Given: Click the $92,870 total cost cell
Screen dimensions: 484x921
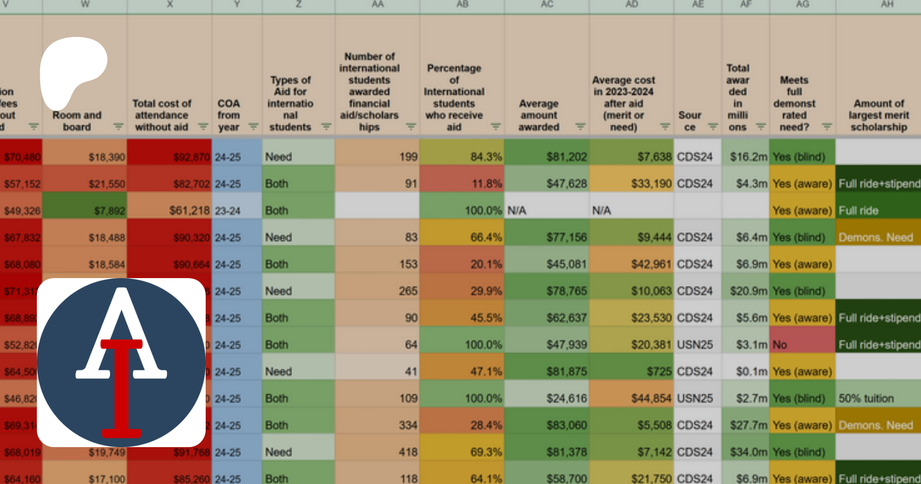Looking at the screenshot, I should [170, 157].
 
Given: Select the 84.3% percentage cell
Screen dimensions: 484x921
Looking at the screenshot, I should [462, 157].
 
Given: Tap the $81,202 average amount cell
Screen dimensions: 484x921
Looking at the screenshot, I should [546, 157].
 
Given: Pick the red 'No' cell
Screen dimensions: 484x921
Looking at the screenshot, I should [802, 345].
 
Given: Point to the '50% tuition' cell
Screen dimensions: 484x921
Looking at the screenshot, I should [878, 398].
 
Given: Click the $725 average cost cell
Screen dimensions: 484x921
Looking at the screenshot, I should [631, 371].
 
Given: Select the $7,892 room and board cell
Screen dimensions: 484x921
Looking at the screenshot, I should [85, 211].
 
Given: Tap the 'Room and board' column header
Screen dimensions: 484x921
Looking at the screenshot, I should [77, 121].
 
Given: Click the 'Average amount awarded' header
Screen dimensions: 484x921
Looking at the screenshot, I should [539, 115].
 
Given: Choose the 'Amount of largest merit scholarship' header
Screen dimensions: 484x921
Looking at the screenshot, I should [879, 115].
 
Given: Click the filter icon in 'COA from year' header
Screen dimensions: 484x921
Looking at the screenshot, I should [253, 127].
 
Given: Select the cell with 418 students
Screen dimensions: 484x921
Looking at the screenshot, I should [377, 452].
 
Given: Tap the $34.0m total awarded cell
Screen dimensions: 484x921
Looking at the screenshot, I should [745, 452].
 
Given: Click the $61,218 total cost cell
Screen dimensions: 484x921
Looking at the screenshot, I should [170, 211].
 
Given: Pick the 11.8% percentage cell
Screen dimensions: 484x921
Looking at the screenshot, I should [462, 183].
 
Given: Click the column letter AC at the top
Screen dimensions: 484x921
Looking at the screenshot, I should [546, 5].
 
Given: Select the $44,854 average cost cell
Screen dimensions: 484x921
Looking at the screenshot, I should [631, 398].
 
